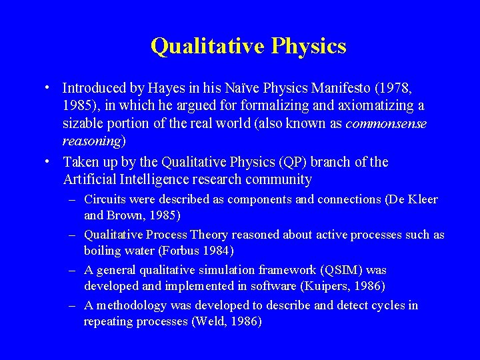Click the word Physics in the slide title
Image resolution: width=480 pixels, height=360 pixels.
(x=308, y=47)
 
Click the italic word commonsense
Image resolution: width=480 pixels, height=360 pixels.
(x=386, y=123)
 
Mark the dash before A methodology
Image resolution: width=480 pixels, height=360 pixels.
(x=73, y=305)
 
